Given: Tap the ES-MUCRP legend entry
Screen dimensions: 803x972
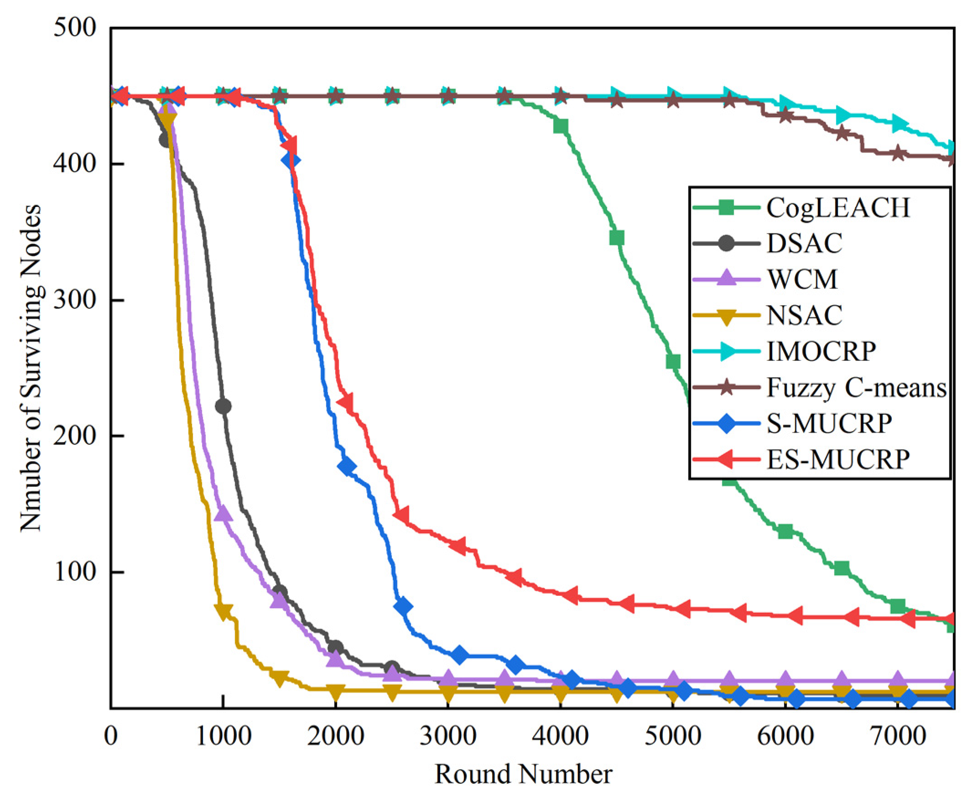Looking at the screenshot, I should coord(837,459).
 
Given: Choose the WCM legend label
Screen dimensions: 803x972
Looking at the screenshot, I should coord(802,279).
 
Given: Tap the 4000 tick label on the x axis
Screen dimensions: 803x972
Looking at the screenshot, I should coord(560,735).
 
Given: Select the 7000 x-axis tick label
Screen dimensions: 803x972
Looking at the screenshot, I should coord(898,735).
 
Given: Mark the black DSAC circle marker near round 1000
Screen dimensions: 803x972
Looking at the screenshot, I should coord(224,406).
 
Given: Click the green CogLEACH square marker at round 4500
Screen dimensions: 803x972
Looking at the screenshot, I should coord(617,238).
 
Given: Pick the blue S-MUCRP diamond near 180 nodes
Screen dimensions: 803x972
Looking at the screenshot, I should coord(347,467).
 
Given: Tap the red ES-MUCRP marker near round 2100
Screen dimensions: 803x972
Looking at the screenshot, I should coord(345,402).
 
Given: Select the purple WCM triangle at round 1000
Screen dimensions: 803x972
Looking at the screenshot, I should coord(224,513).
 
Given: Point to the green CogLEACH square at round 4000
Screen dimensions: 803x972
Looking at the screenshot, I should coord(561,126).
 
